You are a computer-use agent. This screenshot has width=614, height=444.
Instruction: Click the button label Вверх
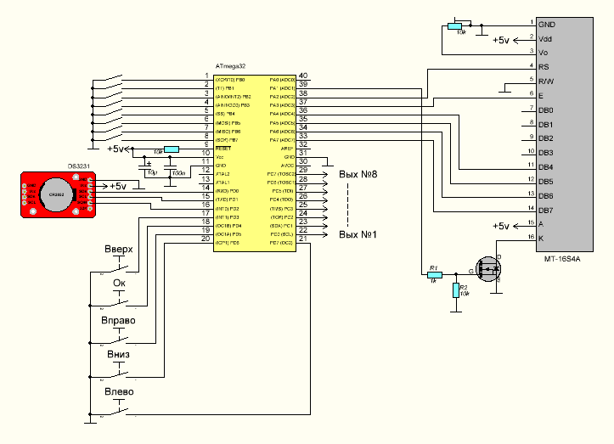(118, 251)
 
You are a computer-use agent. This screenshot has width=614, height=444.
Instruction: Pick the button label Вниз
(117, 356)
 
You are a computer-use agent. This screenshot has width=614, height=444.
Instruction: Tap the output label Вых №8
(358, 174)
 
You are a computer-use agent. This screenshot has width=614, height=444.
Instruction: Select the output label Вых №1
(358, 234)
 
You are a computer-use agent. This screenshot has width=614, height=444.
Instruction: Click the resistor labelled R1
(433, 274)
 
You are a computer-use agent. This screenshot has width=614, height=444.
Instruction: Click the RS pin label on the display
(544, 66)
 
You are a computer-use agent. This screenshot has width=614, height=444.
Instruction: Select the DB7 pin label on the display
(545, 210)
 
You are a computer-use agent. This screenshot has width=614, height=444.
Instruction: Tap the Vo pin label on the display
(544, 53)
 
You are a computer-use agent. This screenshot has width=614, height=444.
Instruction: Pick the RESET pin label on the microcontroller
(223, 148)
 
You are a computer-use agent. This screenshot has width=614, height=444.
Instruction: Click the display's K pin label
(541, 238)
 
